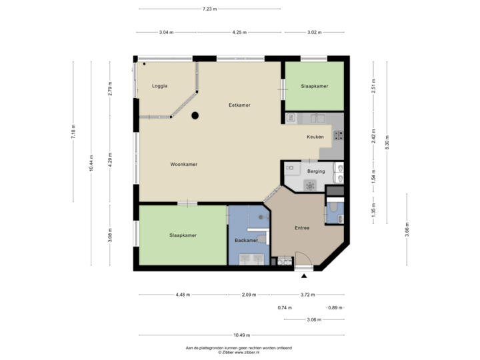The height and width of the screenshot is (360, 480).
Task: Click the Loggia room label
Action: click(x=159, y=86)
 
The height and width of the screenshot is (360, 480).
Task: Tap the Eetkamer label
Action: click(x=239, y=105)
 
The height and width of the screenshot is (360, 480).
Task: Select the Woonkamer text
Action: click(x=183, y=164)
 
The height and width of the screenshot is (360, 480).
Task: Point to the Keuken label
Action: click(x=315, y=137)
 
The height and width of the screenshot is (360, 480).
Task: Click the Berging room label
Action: click(x=316, y=171)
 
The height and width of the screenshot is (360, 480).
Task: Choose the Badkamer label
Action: click(x=246, y=240)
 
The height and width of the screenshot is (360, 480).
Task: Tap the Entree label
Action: click(x=302, y=228)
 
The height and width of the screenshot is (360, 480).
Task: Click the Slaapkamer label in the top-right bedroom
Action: click(x=314, y=86)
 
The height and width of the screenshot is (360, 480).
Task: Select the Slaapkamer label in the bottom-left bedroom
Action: click(x=183, y=235)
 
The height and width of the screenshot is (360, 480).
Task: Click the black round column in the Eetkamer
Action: click(x=195, y=115)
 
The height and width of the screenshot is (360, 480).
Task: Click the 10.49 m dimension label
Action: click(x=241, y=335)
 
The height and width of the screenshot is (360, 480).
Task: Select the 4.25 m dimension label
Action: click(x=239, y=32)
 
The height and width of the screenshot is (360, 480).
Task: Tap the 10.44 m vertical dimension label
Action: click(x=91, y=164)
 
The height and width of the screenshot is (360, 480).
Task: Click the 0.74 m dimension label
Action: click(x=285, y=307)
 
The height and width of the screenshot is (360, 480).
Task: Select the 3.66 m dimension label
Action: click(x=407, y=230)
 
